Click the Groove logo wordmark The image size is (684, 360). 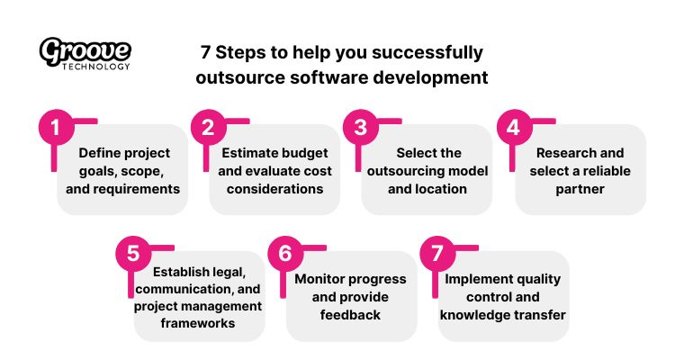pyautogui.click(x=85, y=50)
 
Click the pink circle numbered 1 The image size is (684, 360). pyautogui.click(x=56, y=127)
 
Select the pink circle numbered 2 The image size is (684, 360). pyautogui.click(x=208, y=127)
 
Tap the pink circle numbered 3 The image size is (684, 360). pyautogui.click(x=361, y=127)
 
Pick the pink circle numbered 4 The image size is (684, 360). pyautogui.click(x=514, y=127)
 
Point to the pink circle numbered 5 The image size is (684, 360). pyautogui.click(x=132, y=253)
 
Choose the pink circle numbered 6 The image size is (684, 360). pyautogui.click(x=285, y=253)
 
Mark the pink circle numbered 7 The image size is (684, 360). pyautogui.click(x=437, y=253)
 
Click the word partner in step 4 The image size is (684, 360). pyautogui.click(x=580, y=189)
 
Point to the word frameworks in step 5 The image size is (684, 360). pyautogui.click(x=199, y=323)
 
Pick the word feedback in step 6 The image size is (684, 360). pyautogui.click(x=350, y=315)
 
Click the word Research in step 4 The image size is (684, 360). pyautogui.click(x=567, y=153)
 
